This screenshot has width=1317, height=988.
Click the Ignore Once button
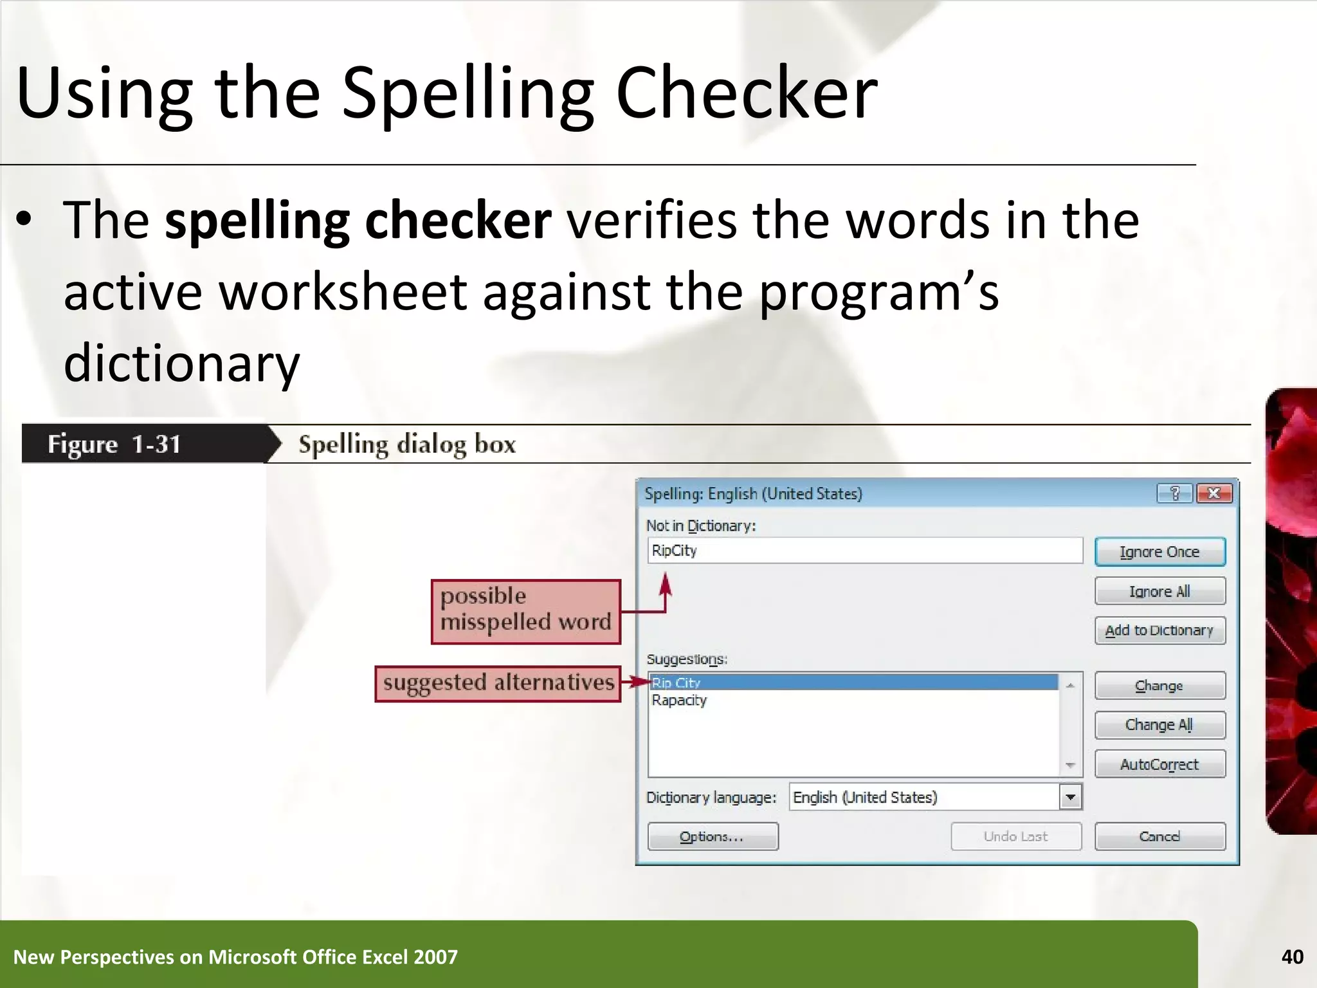(x=1159, y=552)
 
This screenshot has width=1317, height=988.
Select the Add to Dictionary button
(x=1159, y=630)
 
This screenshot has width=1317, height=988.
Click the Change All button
(x=1159, y=725)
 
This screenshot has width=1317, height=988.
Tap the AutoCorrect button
(x=1159, y=764)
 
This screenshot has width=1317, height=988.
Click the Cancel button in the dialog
(x=1159, y=836)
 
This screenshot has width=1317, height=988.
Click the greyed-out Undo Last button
(x=1015, y=836)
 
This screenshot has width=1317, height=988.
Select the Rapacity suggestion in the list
(x=679, y=700)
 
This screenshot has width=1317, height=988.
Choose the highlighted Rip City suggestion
(x=676, y=682)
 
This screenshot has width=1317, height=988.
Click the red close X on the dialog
(x=1214, y=493)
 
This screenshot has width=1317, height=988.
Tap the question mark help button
(x=1175, y=493)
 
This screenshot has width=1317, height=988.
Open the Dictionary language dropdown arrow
(x=1070, y=798)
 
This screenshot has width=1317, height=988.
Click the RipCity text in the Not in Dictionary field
(x=674, y=551)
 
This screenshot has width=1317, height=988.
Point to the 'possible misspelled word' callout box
(x=525, y=611)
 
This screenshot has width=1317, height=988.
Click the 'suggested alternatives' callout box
(x=498, y=683)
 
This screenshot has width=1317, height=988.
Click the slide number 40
(x=1292, y=957)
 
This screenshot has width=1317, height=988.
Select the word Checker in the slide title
(x=746, y=93)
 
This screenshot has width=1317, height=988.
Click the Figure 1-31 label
(x=114, y=444)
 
